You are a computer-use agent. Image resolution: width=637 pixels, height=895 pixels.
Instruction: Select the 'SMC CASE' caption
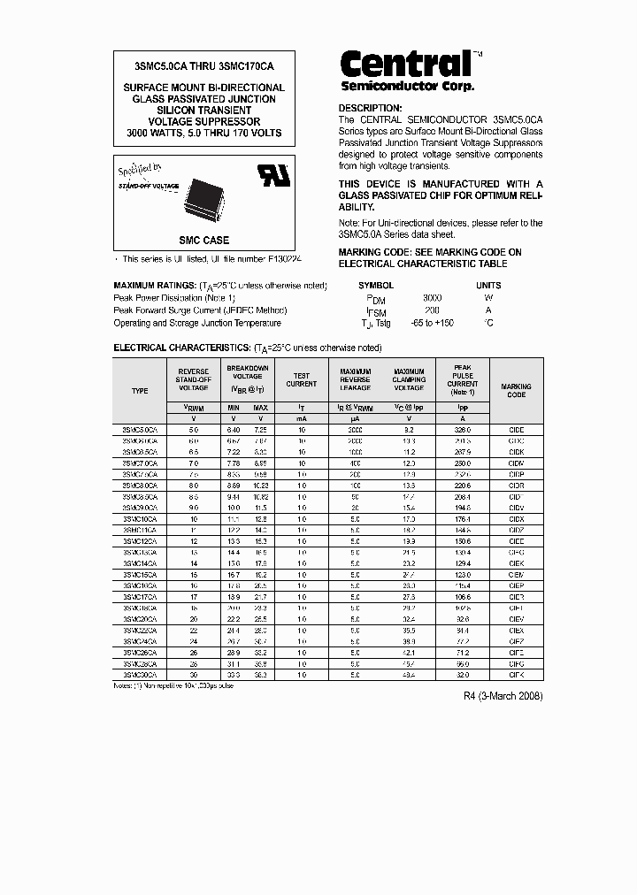[203, 240]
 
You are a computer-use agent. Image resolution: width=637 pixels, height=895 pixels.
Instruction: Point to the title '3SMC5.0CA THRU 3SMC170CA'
[203, 66]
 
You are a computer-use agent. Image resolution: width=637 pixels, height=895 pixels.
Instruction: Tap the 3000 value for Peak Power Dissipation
[432, 298]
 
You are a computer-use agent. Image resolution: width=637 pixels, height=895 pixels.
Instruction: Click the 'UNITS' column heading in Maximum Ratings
[488, 286]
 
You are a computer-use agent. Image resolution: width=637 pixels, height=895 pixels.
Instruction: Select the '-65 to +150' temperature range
[432, 323]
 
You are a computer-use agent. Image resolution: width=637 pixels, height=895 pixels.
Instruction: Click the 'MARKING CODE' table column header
[516, 390]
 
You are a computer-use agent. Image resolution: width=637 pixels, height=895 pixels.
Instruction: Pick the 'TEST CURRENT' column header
[301, 379]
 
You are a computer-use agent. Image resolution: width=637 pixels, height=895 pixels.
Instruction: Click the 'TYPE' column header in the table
[140, 390]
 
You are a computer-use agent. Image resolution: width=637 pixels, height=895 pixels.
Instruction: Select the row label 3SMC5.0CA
[140, 429]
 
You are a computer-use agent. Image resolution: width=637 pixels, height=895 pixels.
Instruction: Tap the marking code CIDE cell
[516, 429]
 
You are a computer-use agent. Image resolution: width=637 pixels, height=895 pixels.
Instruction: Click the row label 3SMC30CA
[140, 674]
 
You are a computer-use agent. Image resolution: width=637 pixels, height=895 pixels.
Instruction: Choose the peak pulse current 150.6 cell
[462, 541]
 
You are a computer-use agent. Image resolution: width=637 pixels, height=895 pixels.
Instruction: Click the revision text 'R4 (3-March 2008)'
[503, 696]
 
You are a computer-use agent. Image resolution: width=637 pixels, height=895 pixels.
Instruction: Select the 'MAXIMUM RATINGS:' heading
[155, 286]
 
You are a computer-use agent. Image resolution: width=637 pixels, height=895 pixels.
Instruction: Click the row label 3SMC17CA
[140, 597]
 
